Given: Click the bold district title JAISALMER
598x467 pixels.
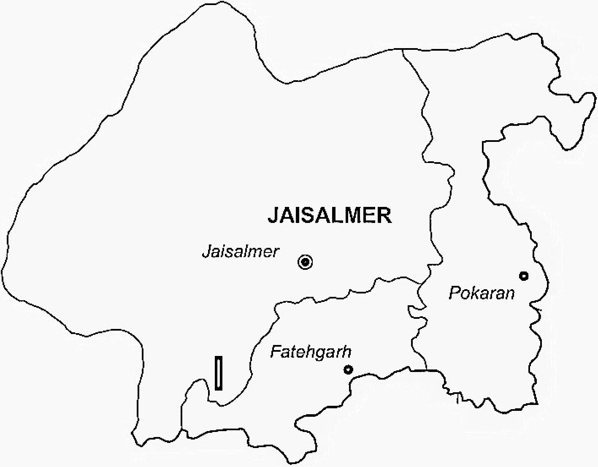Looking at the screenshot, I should click(330, 215).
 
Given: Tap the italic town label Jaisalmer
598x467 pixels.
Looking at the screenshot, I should click(241, 251).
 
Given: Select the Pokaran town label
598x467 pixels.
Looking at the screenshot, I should click(482, 293).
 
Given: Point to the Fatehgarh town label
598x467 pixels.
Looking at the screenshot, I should click(311, 352).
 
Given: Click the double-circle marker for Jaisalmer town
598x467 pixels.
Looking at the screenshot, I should click(305, 262).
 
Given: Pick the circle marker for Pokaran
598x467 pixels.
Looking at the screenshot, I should click(524, 276).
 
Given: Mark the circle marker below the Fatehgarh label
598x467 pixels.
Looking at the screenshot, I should click(348, 369).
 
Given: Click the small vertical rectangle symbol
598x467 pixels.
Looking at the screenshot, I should click(219, 373).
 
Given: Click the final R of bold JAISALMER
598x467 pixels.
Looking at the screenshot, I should click(384, 215).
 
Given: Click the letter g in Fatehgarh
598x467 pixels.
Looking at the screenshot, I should click(322, 353).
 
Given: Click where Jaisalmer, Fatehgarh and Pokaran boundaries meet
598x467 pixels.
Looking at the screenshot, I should click(422, 284).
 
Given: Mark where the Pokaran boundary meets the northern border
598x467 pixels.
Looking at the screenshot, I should click(402, 49).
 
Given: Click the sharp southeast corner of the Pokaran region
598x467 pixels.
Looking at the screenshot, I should click(537, 404).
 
